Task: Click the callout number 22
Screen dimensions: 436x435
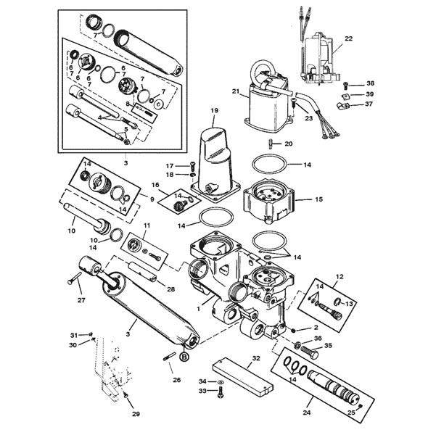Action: pyautogui.click(x=348, y=38)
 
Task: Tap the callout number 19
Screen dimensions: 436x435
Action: pyautogui.click(x=215, y=110)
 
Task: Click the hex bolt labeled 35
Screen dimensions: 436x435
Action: pyautogui.click(x=310, y=352)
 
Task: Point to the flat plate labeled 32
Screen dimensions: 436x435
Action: pyautogui.click(x=243, y=377)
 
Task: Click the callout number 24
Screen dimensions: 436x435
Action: pyautogui.click(x=306, y=413)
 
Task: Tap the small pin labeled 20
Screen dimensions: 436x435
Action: pyautogui.click(x=270, y=144)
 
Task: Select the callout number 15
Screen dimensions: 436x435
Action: pyautogui.click(x=319, y=199)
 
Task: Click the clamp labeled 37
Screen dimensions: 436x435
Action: pyautogui.click(x=342, y=106)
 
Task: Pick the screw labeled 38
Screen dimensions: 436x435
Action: pyautogui.click(x=345, y=85)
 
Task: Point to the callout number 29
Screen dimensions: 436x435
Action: pyautogui.click(x=136, y=414)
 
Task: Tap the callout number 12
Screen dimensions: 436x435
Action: pyautogui.click(x=340, y=276)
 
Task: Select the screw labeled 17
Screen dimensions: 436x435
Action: pyautogui.click(x=192, y=166)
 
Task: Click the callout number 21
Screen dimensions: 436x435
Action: pyautogui.click(x=236, y=91)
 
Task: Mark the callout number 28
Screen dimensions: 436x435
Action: pyautogui.click(x=170, y=289)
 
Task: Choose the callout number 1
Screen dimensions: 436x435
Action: pyautogui.click(x=198, y=309)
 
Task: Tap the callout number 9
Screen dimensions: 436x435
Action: pyautogui.click(x=152, y=199)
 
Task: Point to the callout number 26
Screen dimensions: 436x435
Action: pyautogui.click(x=176, y=380)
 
